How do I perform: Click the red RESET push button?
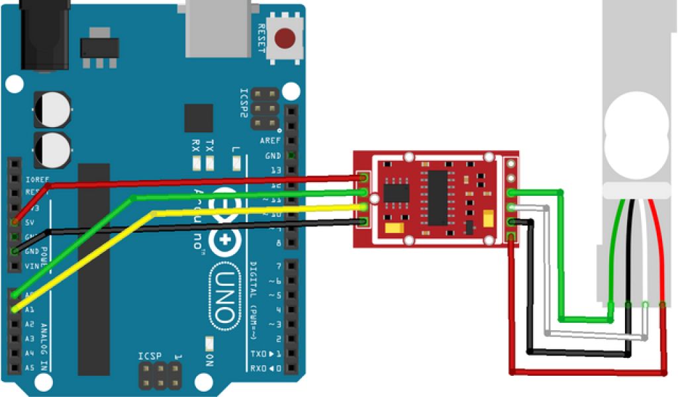point(285,38)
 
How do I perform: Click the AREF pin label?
point(270,140)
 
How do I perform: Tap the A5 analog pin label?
point(28,367)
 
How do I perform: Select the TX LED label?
point(210,146)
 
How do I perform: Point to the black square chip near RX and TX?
point(199,118)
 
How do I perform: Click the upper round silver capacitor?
point(52,109)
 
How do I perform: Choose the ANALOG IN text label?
point(45,347)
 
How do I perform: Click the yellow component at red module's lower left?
point(392,228)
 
